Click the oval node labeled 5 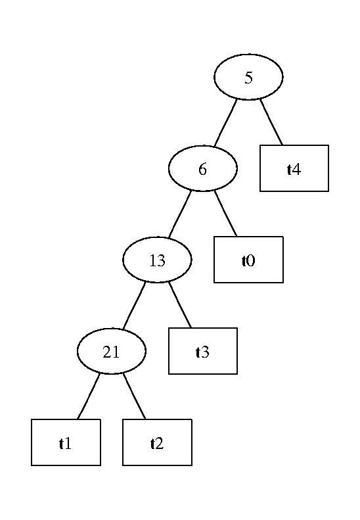[248, 77]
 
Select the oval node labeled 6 [203, 168]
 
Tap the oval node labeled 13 [157, 260]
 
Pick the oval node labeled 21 [112, 351]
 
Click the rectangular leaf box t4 [294, 168]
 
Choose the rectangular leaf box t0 [248, 260]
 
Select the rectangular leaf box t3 [203, 351]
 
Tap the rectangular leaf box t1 [66, 442]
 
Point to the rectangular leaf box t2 [157, 442]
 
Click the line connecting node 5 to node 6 [225, 123]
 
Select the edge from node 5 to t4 [271, 122]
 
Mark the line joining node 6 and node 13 [180, 214]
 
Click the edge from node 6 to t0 [225, 213]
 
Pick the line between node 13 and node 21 [134, 306]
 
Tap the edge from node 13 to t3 [180, 305]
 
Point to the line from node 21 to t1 [89, 396]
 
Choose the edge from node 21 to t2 [134, 396]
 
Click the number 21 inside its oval [111, 352]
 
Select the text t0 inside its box [248, 261]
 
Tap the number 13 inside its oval [157, 261]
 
